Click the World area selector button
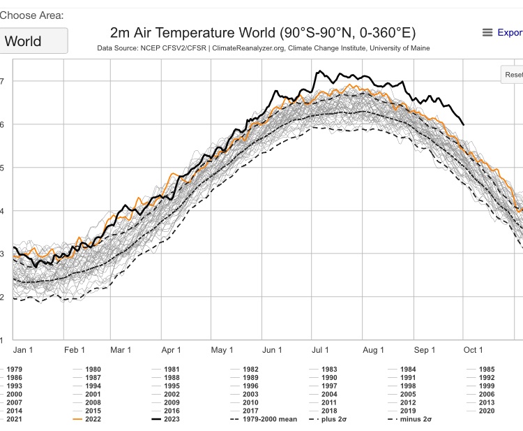click(x=33, y=41)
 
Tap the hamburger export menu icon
click(x=487, y=33)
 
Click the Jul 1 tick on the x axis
click(x=321, y=350)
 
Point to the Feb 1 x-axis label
click(x=74, y=350)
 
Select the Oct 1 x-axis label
click(x=473, y=350)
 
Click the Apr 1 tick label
click(x=171, y=350)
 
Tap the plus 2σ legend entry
click(x=330, y=419)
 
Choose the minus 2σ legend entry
click(x=412, y=419)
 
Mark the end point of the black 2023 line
click(x=464, y=124)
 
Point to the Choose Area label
click(x=31, y=15)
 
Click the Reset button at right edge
click(x=513, y=75)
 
